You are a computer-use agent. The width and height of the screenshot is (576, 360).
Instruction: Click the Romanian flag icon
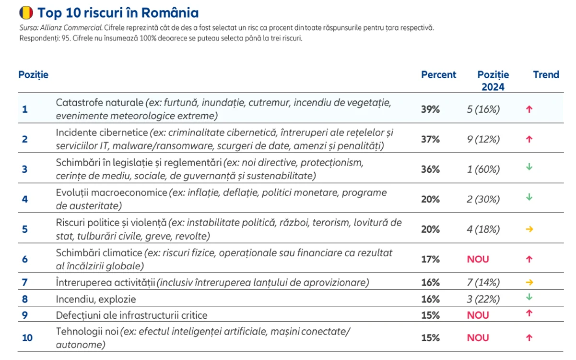click(x=26, y=12)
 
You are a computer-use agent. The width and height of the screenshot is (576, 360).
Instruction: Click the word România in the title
click(x=170, y=12)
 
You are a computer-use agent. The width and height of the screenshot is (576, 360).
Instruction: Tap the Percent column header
click(x=438, y=74)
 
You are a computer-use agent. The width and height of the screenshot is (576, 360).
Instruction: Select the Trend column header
click(x=546, y=74)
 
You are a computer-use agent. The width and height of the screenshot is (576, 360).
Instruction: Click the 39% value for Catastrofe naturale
click(x=430, y=109)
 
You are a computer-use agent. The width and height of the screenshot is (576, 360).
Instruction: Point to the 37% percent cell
click(x=430, y=139)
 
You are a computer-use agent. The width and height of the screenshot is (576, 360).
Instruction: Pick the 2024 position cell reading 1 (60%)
click(x=483, y=169)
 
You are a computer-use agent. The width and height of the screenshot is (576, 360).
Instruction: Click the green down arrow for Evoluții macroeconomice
click(x=529, y=197)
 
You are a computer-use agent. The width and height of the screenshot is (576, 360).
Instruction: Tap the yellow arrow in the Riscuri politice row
click(x=529, y=229)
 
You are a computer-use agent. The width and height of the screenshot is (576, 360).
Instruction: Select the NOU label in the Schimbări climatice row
click(x=478, y=259)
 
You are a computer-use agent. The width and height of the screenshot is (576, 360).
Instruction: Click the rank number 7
click(x=24, y=283)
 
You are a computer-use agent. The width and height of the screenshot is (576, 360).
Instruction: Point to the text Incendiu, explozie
click(x=96, y=299)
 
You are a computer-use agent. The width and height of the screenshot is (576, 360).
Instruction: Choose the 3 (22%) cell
click(x=483, y=299)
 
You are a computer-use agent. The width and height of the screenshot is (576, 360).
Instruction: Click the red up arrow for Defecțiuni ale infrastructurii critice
click(x=529, y=313)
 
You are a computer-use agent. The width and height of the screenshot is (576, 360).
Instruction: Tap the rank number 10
click(x=27, y=337)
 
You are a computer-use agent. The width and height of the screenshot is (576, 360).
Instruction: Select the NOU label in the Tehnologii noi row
click(x=478, y=337)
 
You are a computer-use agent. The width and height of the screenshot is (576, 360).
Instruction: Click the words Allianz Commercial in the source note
click(x=71, y=27)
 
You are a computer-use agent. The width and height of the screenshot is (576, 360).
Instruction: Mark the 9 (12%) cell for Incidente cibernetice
click(x=483, y=139)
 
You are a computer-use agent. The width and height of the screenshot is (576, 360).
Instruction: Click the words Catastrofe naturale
click(x=99, y=102)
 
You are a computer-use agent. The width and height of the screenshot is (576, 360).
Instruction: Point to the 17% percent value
click(x=430, y=259)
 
